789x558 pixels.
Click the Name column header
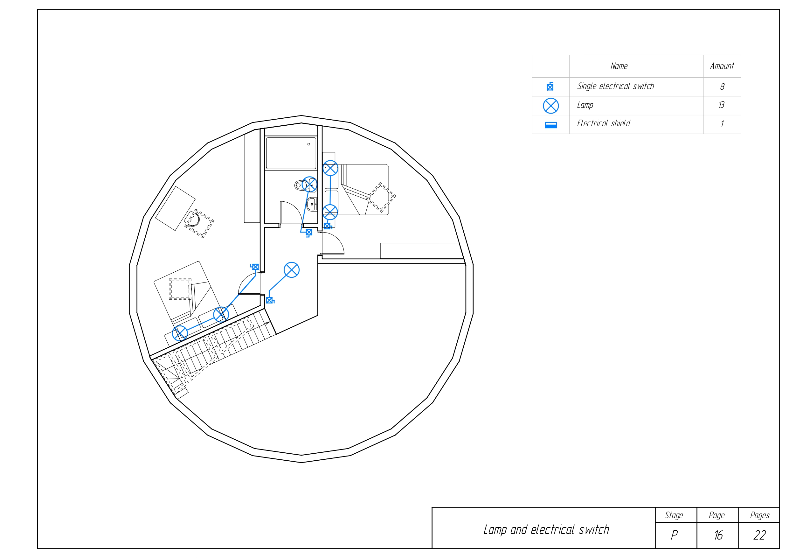619,66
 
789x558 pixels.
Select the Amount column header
722,66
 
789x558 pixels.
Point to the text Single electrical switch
615,86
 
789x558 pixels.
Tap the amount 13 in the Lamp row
721,105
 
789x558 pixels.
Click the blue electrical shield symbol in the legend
551,125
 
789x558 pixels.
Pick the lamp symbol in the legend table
551,106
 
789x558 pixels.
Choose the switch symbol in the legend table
550,86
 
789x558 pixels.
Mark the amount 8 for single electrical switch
722,87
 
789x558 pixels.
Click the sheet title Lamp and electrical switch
546,530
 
